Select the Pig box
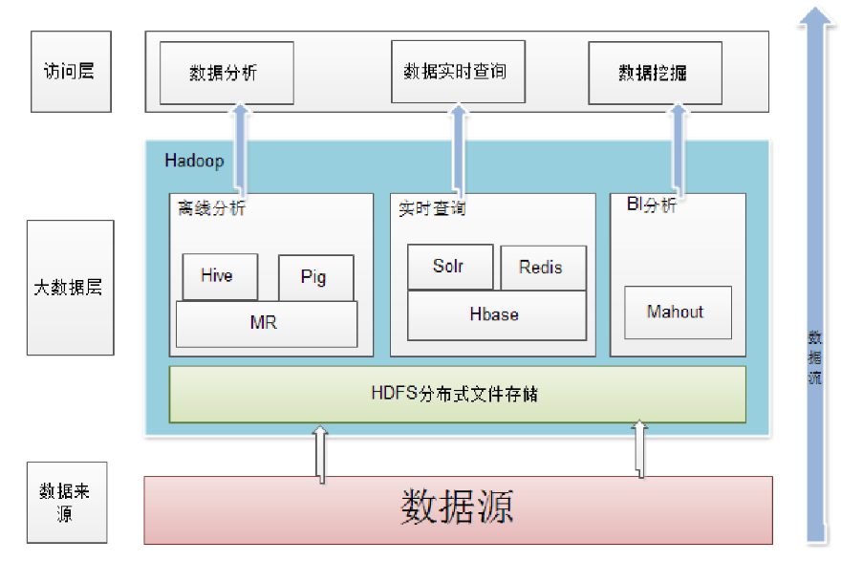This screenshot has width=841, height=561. [315, 278]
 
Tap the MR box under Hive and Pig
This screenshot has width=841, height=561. [266, 324]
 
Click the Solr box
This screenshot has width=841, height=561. [449, 267]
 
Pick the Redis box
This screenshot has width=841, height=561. [542, 268]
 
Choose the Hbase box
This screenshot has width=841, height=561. [496, 315]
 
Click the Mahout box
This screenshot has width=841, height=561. [678, 312]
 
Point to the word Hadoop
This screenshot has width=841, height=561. [194, 161]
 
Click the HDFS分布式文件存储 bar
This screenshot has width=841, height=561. [457, 394]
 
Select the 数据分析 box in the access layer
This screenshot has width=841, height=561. [226, 73]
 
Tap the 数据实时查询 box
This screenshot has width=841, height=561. [458, 71]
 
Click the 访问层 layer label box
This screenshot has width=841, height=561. [71, 71]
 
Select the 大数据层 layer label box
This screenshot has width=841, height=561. [70, 287]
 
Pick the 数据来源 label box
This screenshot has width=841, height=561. [70, 502]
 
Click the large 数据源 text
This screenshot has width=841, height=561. [457, 508]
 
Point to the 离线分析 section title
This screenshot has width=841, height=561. [211, 207]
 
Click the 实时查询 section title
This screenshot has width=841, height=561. [432, 208]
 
